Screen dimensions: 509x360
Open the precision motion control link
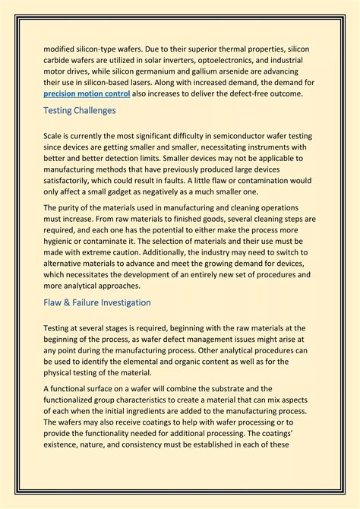click(87, 93)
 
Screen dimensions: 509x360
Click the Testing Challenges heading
click(80, 111)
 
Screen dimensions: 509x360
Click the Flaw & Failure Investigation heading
click(97, 302)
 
